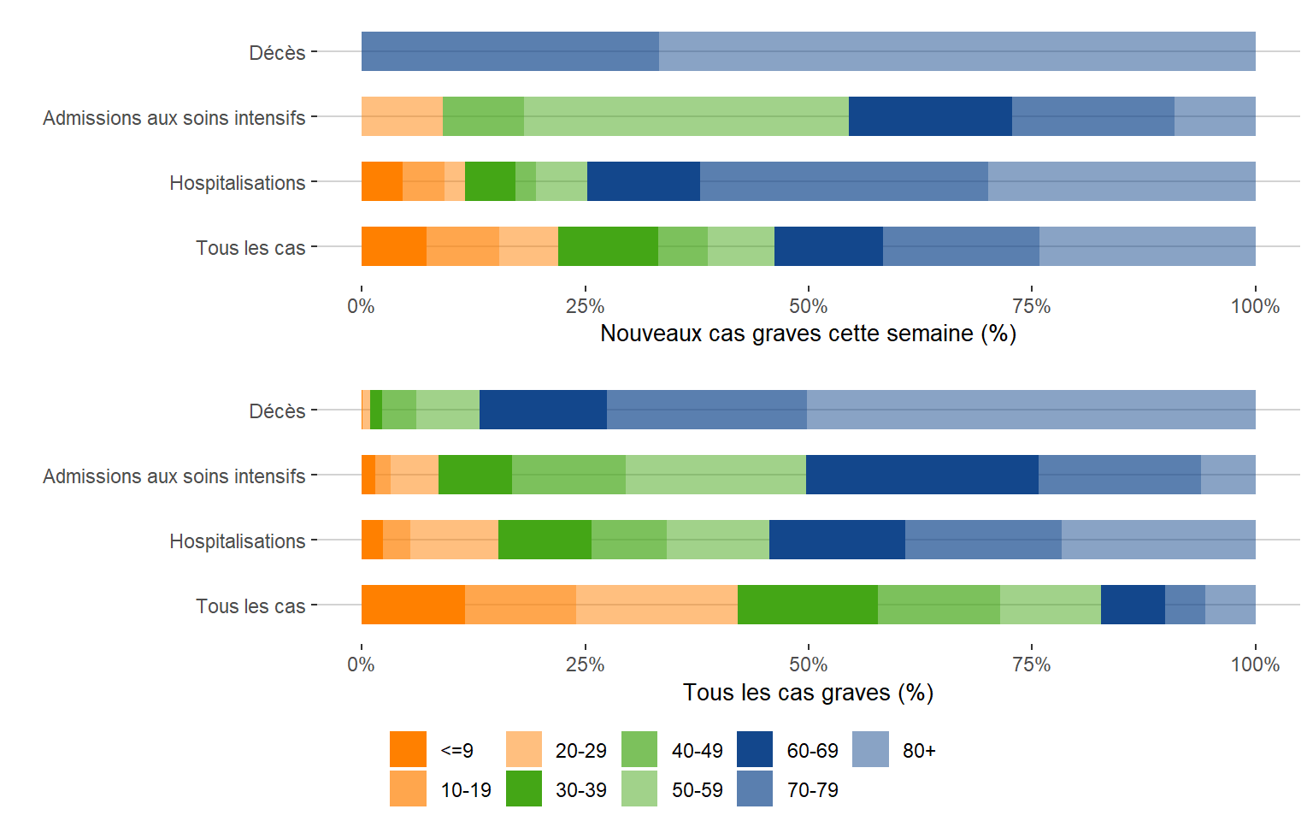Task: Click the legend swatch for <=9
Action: point(408,750)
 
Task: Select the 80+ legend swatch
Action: point(870,750)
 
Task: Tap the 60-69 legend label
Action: point(812,751)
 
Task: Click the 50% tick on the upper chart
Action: point(809,306)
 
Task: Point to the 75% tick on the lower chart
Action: point(1032,664)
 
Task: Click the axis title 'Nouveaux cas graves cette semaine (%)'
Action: point(808,334)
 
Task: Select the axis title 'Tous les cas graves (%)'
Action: point(808,693)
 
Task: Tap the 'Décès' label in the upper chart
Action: point(277,53)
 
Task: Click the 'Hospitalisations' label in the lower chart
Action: point(237,541)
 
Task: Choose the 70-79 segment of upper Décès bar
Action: point(509,51)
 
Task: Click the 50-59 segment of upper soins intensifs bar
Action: point(686,116)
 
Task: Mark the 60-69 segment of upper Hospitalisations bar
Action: point(643,181)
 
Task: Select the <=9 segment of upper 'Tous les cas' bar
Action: point(393,246)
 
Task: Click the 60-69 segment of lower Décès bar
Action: point(543,410)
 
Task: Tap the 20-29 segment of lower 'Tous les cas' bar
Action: point(656,605)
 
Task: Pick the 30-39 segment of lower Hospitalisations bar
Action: point(545,540)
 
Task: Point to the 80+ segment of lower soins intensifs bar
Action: point(1228,475)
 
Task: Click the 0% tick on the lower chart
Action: point(362,664)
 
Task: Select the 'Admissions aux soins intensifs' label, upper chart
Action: point(174,118)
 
